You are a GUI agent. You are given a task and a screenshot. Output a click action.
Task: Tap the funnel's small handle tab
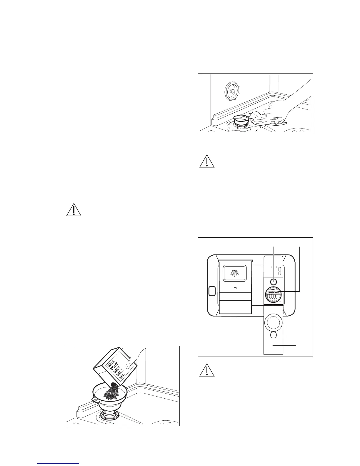[x=95, y=400]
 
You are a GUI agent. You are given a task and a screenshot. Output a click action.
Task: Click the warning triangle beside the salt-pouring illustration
[x=74, y=209]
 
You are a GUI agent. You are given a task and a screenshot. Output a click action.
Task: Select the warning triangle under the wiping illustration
[x=207, y=161]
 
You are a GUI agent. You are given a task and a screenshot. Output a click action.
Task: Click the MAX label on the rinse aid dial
[x=274, y=290]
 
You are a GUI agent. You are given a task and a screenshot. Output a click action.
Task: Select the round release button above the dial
[x=274, y=282]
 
